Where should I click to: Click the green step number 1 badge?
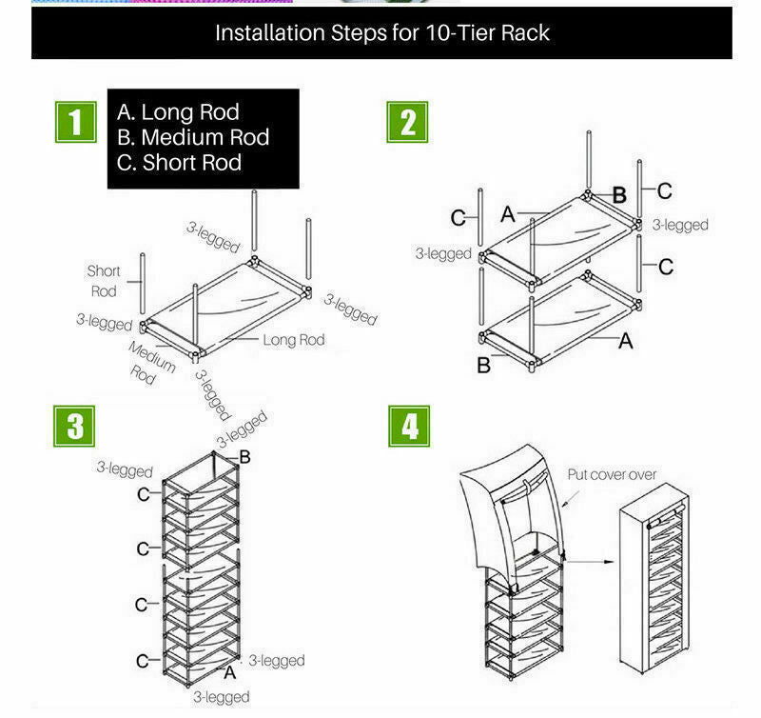click(x=75, y=122)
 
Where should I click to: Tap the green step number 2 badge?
click(x=408, y=122)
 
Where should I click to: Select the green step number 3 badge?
click(x=75, y=426)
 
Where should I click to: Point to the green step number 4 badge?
click(x=409, y=426)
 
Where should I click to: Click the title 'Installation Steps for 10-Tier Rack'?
click(x=381, y=32)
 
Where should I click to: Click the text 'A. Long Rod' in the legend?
click(x=177, y=112)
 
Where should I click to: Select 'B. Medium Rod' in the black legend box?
click(x=192, y=137)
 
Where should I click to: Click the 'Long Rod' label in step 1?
click(x=293, y=340)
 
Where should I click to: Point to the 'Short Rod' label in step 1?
click(x=104, y=281)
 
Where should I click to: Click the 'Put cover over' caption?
click(x=612, y=474)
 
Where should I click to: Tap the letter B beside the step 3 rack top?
click(x=244, y=458)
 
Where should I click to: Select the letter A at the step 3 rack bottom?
click(x=228, y=672)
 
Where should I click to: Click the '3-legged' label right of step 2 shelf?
click(x=680, y=225)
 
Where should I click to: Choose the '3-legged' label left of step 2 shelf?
click(x=443, y=254)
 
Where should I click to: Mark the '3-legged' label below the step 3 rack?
click(x=222, y=697)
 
